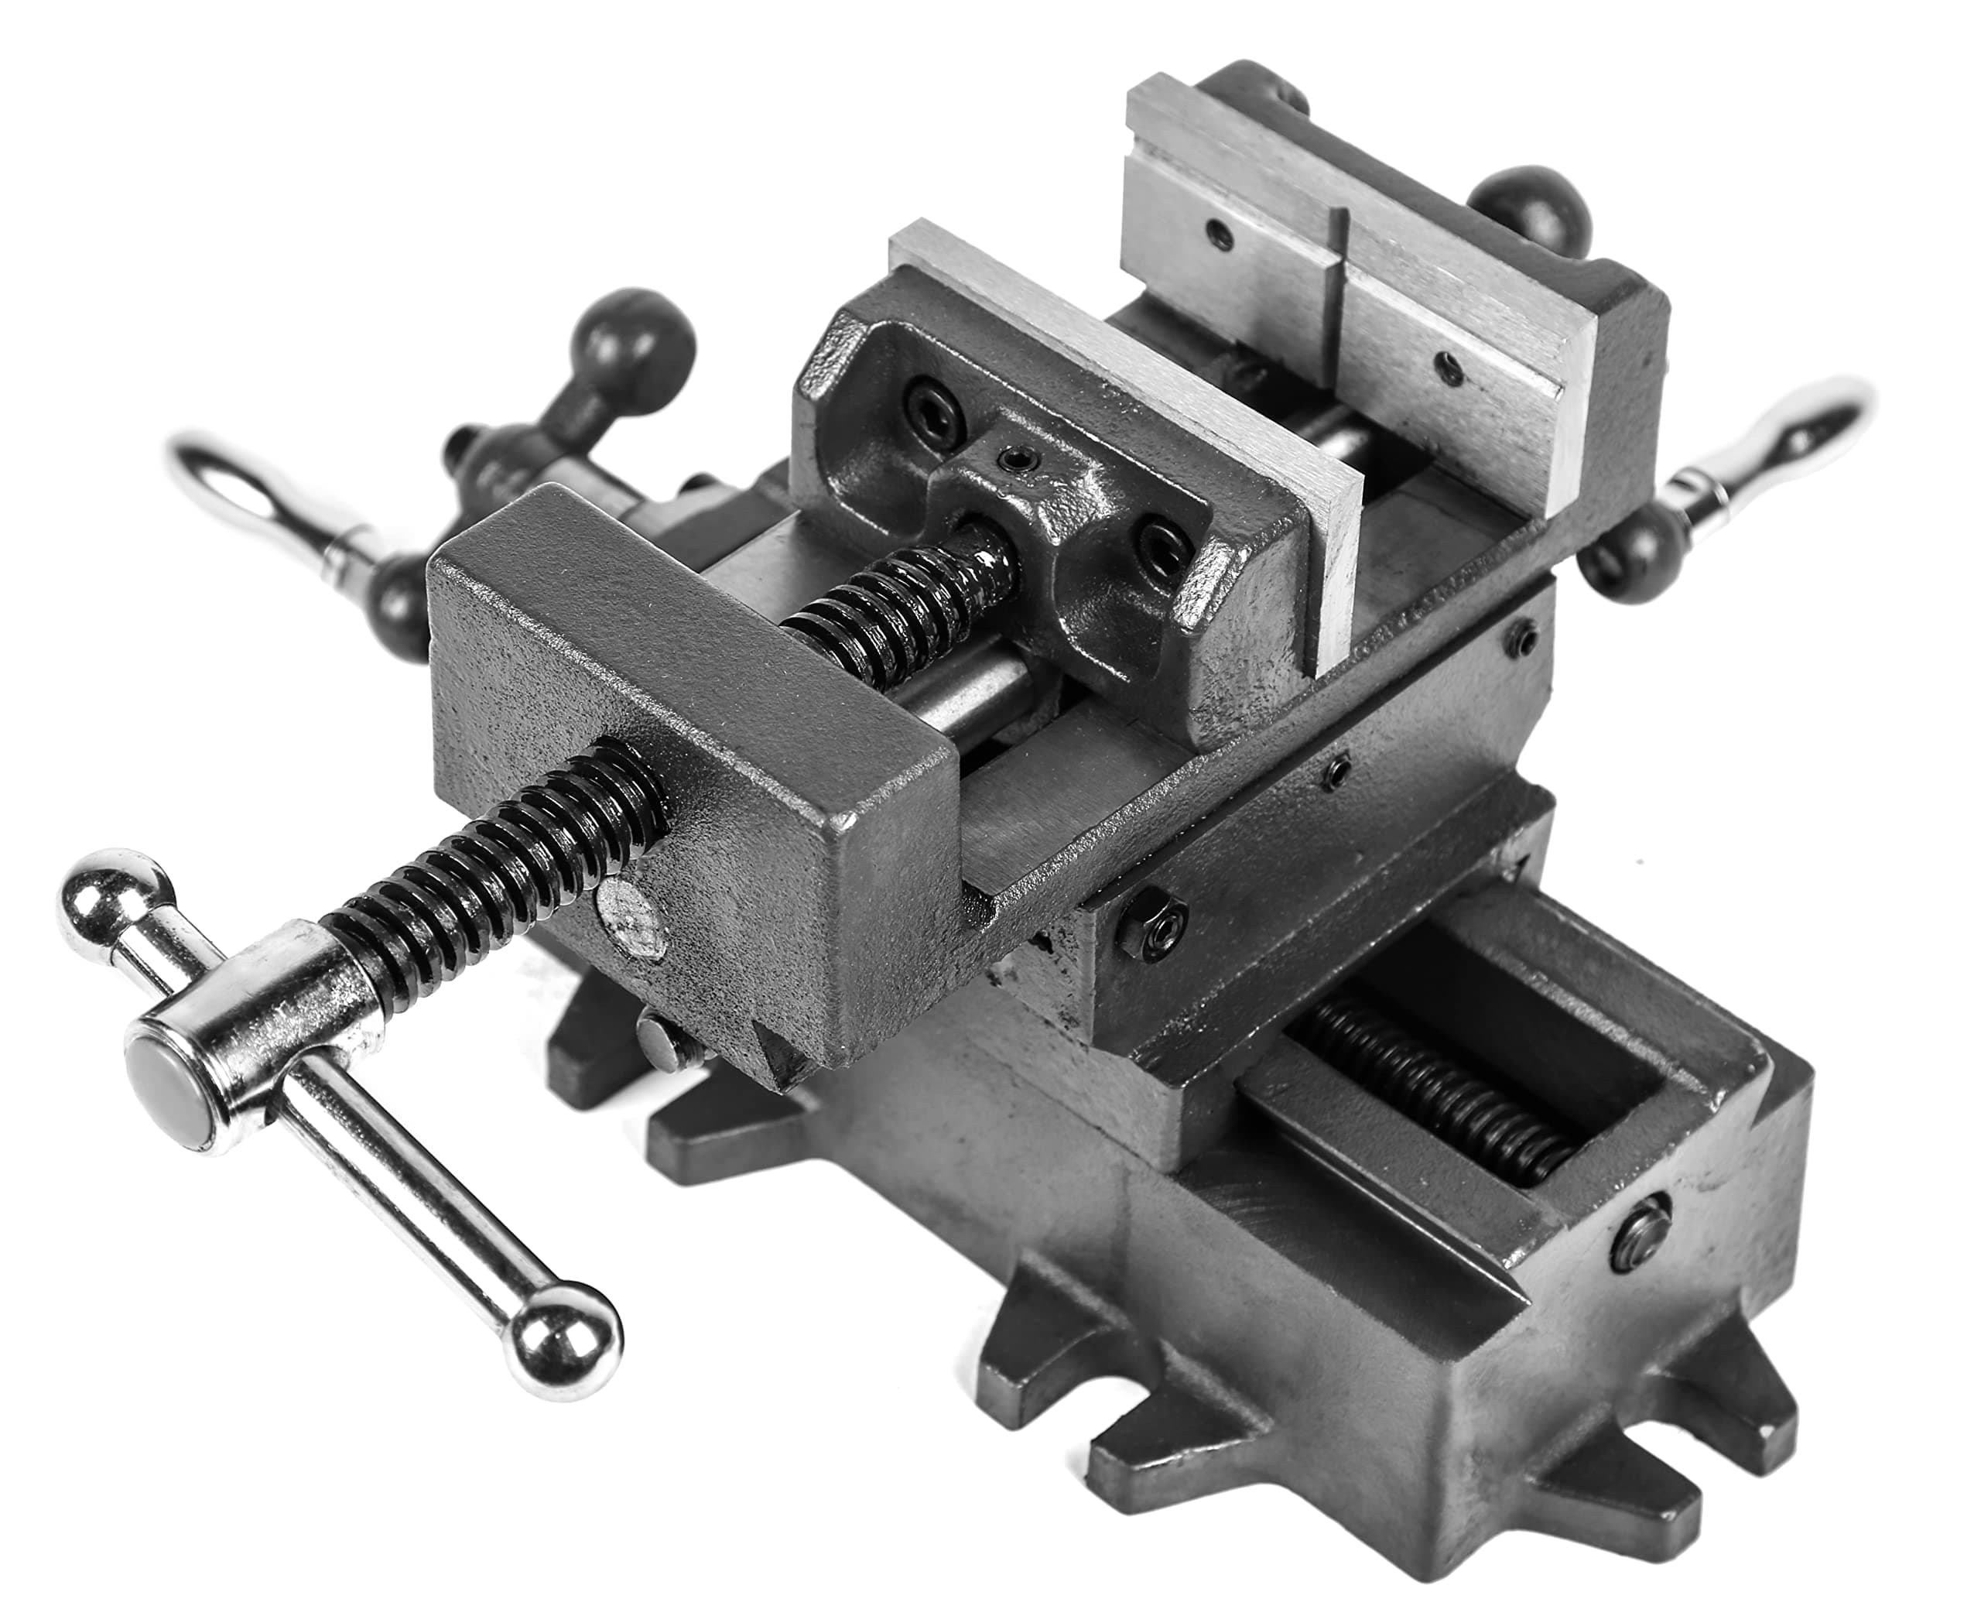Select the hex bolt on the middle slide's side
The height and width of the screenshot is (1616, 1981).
pyautogui.click(x=1150, y=921)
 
